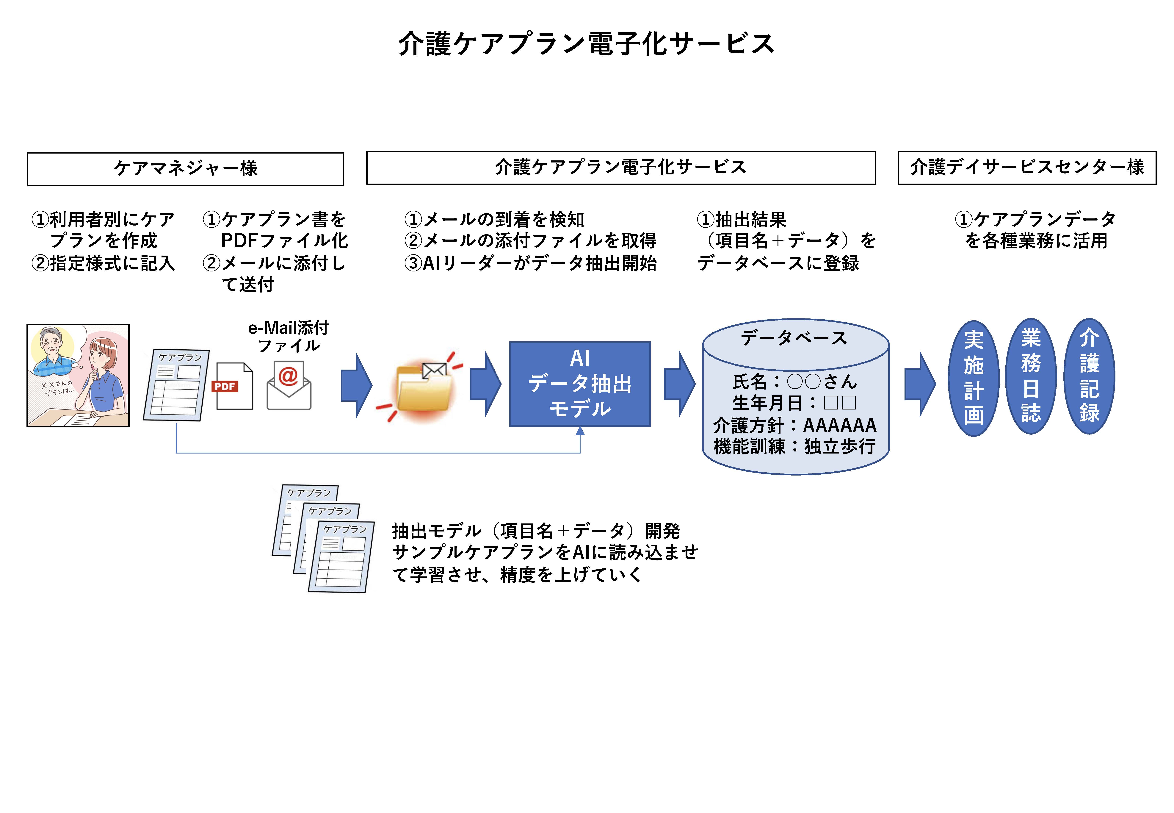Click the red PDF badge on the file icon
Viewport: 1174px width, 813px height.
tap(225, 386)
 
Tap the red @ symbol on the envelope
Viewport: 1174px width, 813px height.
tap(288, 376)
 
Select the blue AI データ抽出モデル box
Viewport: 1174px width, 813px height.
tap(580, 384)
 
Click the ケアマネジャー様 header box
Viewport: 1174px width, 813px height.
tap(185, 169)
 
